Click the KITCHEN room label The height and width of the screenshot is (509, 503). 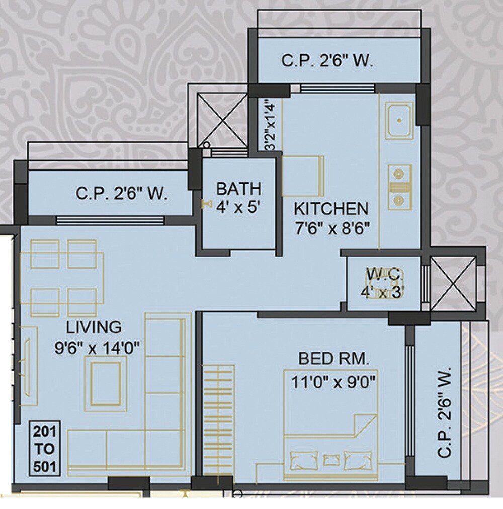pos(331,208)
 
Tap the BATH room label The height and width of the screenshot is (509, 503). pos(238,189)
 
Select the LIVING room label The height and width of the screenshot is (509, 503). pos(94,327)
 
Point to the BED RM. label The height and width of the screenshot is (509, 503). pos(333,359)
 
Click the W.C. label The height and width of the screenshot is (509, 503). pos(384,275)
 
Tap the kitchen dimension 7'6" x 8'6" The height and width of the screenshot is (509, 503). pos(332,228)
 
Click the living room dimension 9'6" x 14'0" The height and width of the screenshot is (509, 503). pos(97,347)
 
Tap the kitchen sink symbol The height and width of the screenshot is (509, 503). pos(399,121)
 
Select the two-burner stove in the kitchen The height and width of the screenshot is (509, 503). pos(399,187)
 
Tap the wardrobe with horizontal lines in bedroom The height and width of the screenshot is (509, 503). pos(219,420)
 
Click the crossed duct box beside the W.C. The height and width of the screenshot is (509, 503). pos(453,283)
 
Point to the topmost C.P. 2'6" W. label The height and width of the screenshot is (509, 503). pos(327,61)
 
